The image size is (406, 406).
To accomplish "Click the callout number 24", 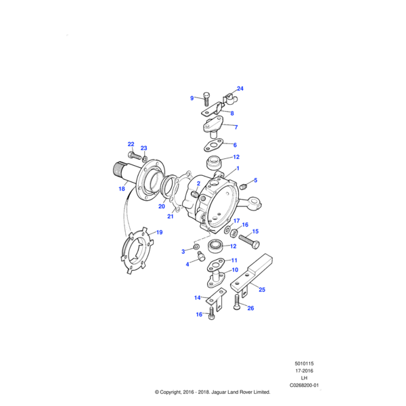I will pyautogui.click(x=240, y=89).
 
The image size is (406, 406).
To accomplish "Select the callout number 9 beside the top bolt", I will pyautogui.click(x=192, y=98).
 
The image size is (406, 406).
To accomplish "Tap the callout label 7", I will pyautogui.click(x=235, y=127).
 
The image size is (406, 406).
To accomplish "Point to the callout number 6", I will pyautogui.click(x=235, y=145).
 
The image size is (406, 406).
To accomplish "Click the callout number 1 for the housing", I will pyautogui.click(x=237, y=168).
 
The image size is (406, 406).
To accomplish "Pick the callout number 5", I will pyautogui.click(x=254, y=181).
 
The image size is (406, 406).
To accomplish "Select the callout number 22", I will pyautogui.click(x=131, y=144).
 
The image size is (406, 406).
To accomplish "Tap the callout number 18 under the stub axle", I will pyautogui.click(x=122, y=189).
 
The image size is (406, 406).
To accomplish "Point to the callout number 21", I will pyautogui.click(x=171, y=217).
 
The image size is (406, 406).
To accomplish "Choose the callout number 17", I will pyautogui.click(x=236, y=221).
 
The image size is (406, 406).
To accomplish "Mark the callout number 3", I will pyautogui.click(x=183, y=252).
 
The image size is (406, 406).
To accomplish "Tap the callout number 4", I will pyautogui.click(x=187, y=265).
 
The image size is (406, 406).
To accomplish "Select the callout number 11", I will pyautogui.click(x=234, y=261).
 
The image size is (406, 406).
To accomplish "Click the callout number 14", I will pyautogui.click(x=197, y=297).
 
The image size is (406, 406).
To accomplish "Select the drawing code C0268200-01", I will pyautogui.click(x=304, y=385).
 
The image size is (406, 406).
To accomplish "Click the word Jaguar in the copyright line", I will pyautogui.click(x=223, y=392).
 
